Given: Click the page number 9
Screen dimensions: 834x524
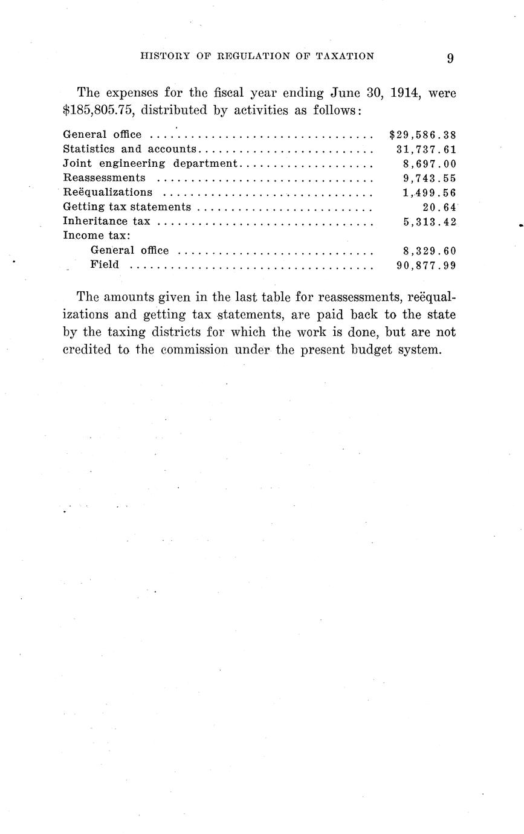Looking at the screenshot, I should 450,58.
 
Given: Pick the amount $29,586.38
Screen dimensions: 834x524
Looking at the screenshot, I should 423,135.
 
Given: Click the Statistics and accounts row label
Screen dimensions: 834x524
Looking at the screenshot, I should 129,149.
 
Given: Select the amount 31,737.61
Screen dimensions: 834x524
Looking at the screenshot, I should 426,149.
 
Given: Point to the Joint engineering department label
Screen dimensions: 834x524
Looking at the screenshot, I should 151,164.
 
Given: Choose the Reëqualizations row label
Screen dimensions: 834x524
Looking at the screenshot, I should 108,192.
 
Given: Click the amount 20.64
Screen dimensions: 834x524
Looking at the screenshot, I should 439,207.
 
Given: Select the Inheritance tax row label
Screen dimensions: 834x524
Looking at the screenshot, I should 106,221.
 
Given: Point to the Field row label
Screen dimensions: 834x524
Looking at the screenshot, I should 105,265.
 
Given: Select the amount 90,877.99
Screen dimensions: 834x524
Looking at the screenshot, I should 426,265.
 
